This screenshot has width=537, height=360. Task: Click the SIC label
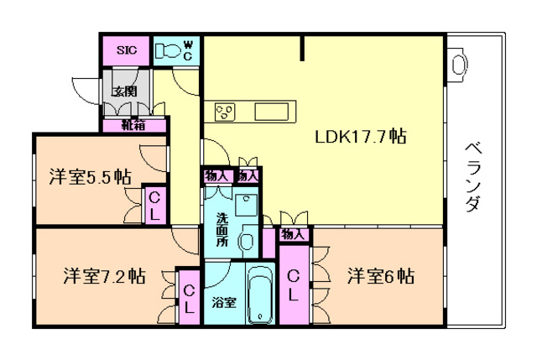click(126, 50)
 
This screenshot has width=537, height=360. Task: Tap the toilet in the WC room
click(169, 50)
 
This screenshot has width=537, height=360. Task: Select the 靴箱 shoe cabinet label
click(133, 126)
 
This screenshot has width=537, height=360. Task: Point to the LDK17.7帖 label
click(360, 136)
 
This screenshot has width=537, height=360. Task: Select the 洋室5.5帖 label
click(88, 176)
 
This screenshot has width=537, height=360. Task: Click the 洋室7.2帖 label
click(104, 276)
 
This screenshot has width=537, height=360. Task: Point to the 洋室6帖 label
click(381, 276)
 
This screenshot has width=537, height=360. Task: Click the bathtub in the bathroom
click(262, 295)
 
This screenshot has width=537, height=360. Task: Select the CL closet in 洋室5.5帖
click(154, 206)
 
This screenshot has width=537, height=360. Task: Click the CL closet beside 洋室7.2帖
click(190, 298)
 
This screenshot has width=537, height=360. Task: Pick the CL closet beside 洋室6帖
click(293, 286)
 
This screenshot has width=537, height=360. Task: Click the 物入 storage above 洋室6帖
click(292, 233)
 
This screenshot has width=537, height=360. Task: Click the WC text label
click(188, 50)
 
